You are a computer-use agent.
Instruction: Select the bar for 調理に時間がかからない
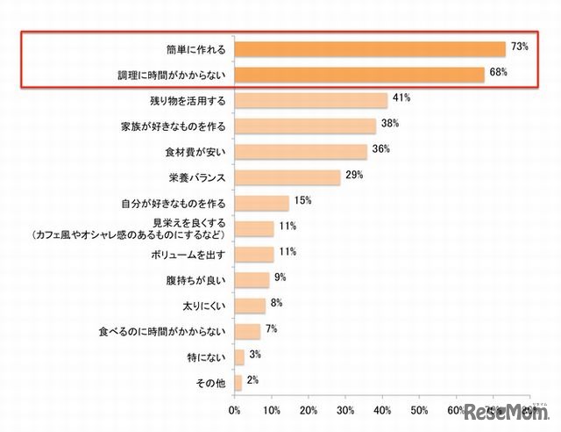(x=359, y=75)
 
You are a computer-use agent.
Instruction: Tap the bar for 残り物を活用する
(x=310, y=100)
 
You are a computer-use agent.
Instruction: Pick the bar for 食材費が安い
(x=301, y=152)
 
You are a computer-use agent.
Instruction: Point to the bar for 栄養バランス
(x=288, y=177)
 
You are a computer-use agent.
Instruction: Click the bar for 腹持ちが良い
(x=252, y=280)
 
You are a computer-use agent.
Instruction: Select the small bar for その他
(x=238, y=382)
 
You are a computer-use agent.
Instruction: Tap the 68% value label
(x=498, y=71)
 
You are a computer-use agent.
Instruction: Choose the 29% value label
(x=353, y=174)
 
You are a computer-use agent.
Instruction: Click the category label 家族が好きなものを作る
(x=174, y=126)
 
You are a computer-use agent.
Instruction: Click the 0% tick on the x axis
(x=234, y=410)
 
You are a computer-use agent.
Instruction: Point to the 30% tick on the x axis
(x=345, y=410)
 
